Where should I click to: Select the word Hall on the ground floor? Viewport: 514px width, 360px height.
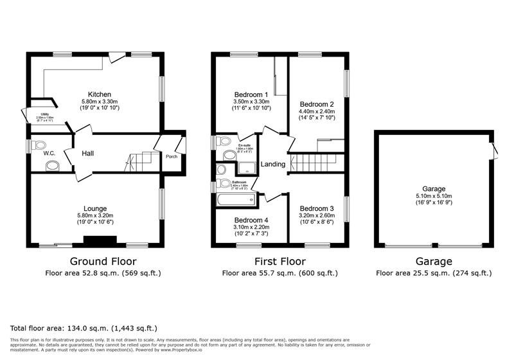coord(88,154)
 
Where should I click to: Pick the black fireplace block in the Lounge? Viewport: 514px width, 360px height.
coord(100,241)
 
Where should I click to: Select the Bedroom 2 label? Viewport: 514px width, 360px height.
coord(316,104)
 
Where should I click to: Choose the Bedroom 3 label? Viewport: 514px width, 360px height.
coord(316,208)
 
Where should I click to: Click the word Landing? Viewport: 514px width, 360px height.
coord(273,165)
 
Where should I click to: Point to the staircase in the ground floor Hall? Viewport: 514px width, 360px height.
coord(141,161)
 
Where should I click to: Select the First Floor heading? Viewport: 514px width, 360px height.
coord(280,262)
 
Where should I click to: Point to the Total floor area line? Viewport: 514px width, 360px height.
coord(84,328)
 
